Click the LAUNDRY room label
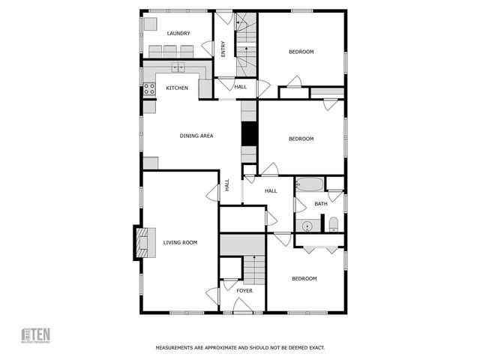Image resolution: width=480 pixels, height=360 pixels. tap(178, 33)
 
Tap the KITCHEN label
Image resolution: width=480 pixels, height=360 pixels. tap(177, 88)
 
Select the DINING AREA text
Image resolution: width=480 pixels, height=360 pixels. tap(196, 136)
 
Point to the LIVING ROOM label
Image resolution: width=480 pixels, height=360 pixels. tap(180, 242)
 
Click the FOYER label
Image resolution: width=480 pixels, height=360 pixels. tap(244, 290)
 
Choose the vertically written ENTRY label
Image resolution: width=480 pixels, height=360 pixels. tap(223, 49)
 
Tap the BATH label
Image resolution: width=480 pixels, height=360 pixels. tap(320, 204)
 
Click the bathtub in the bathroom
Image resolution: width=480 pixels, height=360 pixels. tap(309, 184)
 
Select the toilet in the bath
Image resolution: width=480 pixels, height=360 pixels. tap(334, 224)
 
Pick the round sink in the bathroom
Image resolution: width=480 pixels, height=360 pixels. tap(307, 225)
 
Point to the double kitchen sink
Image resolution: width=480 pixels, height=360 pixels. tap(178, 68)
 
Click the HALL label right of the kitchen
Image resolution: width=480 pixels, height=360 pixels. tap(240, 87)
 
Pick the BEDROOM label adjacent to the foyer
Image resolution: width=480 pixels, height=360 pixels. tap(304, 278)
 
